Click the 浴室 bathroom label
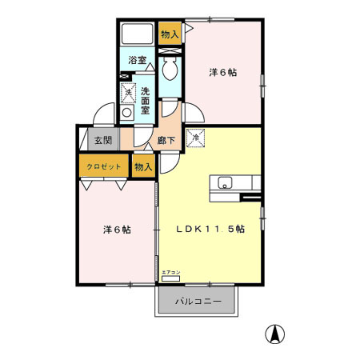(x=137, y=60)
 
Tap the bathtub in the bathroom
(x=137, y=35)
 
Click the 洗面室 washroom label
(x=145, y=99)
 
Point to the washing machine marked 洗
(x=128, y=94)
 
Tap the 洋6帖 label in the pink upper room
(x=222, y=73)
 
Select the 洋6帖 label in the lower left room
(x=116, y=230)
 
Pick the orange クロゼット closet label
(x=104, y=167)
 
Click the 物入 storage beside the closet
(x=143, y=167)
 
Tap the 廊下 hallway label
(x=166, y=139)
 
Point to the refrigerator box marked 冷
(x=197, y=138)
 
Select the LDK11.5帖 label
(x=210, y=228)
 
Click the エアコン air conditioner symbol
(x=171, y=278)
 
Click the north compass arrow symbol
(x=274, y=334)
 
